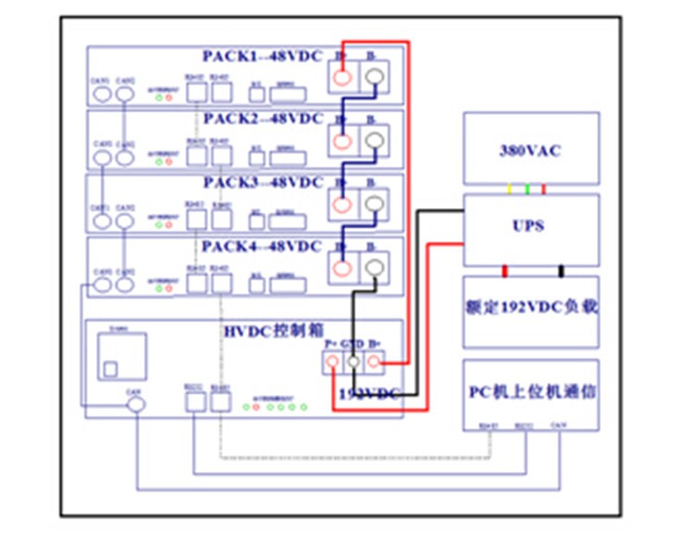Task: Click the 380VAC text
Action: (x=531, y=151)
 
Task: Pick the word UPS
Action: (x=531, y=225)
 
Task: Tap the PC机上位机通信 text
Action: (x=531, y=392)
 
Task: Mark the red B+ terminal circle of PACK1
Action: (x=343, y=79)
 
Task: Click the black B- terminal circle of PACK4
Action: (x=374, y=268)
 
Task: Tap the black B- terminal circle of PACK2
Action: (x=374, y=141)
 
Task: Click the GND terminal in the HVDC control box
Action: (x=353, y=364)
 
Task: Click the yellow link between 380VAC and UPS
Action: (x=509, y=190)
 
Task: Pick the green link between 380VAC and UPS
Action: (x=527, y=190)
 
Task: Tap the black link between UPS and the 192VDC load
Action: (x=562, y=271)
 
